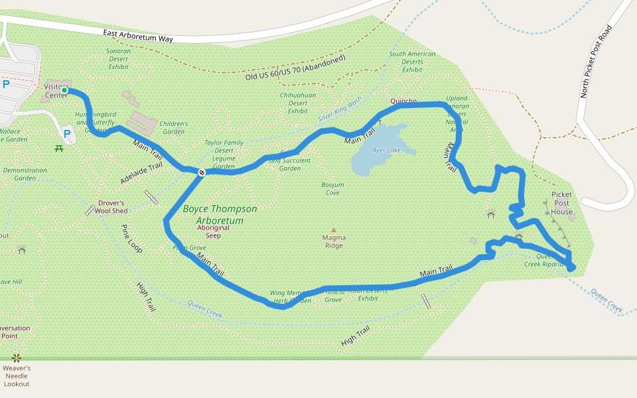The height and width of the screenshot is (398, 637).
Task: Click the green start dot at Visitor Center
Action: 65,91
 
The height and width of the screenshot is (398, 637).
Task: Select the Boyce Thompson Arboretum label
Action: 220,214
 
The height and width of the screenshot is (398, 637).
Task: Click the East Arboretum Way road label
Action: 138,36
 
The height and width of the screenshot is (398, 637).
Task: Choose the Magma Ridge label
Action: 334,241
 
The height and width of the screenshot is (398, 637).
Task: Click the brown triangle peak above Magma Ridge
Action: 334,230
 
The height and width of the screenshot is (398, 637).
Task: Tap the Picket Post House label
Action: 561,203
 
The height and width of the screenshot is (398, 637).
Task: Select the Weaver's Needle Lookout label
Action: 17,375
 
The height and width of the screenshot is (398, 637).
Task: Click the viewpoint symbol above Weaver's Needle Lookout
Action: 17,358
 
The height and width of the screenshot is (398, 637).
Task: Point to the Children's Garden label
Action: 173,127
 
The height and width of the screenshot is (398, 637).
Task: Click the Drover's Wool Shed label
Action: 111,207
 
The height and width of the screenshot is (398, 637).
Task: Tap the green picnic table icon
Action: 59,147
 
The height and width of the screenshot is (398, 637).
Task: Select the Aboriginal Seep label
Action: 213,231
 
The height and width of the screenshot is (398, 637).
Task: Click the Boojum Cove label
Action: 332,188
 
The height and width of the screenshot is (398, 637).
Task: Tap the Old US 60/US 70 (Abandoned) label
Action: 296,68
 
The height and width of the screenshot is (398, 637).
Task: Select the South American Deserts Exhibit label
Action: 412,62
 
